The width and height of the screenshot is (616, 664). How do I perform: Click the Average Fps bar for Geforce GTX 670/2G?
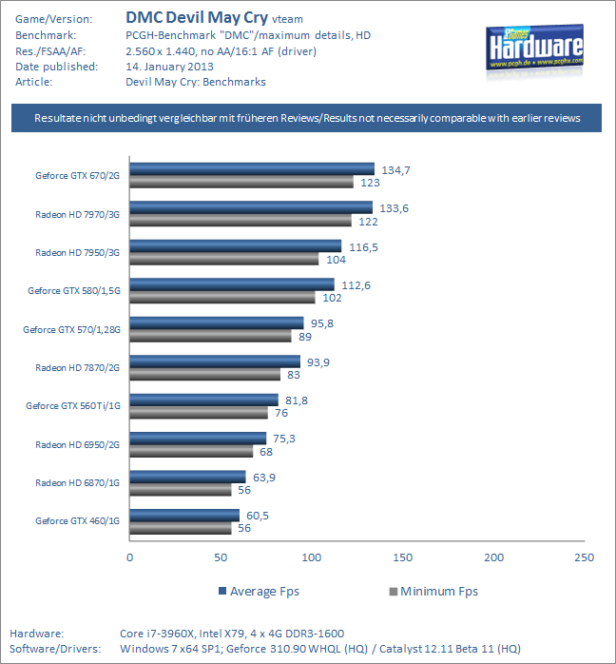(252, 169)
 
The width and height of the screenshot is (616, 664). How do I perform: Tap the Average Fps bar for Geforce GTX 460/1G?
(184, 516)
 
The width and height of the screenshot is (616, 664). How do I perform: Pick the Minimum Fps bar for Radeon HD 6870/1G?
(181, 490)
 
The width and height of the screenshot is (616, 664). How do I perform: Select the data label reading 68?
(266, 452)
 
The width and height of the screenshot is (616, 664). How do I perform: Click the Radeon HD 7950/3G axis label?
(78, 252)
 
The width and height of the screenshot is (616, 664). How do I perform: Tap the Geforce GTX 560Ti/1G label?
(73, 406)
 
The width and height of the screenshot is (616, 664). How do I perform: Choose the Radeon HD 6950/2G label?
(78, 444)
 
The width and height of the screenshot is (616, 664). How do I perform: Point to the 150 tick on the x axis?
(403, 557)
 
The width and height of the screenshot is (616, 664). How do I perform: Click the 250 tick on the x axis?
(585, 557)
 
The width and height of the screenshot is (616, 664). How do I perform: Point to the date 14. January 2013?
(169, 67)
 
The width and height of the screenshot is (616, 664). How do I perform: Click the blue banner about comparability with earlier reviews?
(307, 119)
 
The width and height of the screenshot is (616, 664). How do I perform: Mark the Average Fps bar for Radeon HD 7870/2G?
(215, 361)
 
